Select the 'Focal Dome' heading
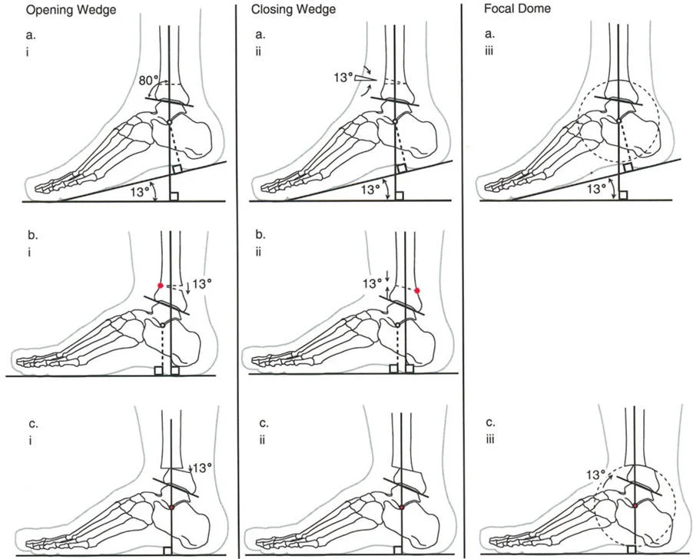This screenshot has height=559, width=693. tap(509, 10)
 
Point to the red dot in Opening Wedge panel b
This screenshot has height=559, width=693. tap(160, 286)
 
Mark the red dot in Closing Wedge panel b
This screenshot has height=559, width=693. tap(418, 290)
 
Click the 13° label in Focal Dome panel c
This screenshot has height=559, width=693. tap(595, 474)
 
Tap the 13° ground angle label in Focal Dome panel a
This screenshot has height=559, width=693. tap(598, 187)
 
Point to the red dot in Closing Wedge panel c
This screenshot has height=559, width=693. tap(403, 508)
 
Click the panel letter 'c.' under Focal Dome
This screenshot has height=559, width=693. tap(489, 422)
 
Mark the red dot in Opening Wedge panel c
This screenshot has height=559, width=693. tap(173, 508)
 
